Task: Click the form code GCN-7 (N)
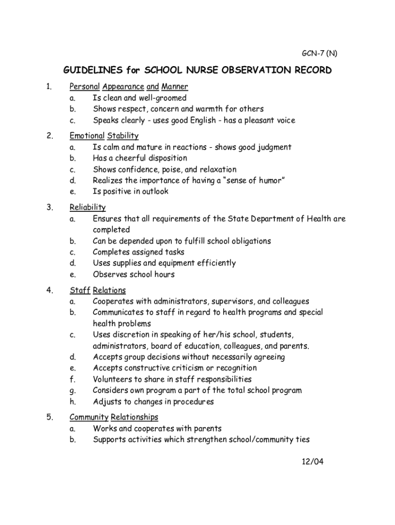tap(319, 53)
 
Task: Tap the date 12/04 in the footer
tap(312, 461)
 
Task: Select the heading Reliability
tap(88, 208)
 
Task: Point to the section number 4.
tap(49, 290)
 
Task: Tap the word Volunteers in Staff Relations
tap(113, 379)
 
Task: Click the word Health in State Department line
tap(319, 219)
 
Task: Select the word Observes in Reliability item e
tap(109, 274)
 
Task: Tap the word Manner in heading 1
tap(174, 87)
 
